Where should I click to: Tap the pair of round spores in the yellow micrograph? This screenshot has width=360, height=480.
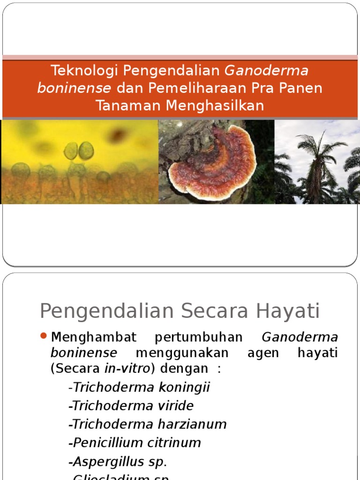tap(79, 150)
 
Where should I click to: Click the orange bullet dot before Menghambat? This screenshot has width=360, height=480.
tap(44, 336)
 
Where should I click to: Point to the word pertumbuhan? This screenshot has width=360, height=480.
tap(199, 337)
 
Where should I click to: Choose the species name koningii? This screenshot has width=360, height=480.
tap(184, 388)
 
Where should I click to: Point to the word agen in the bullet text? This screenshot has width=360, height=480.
tap(262, 352)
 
